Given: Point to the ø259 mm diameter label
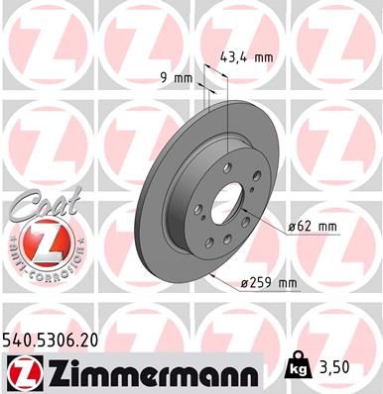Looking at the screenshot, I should point(271,284).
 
